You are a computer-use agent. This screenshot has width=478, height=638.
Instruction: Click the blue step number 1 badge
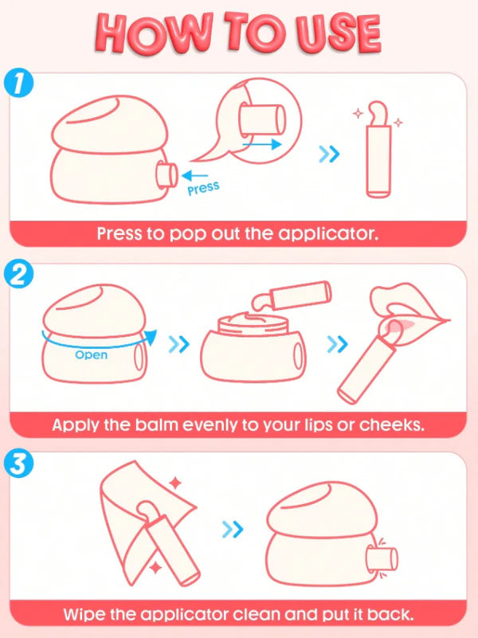[x=18, y=84]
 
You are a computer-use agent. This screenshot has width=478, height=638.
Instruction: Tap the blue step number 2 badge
[x=18, y=275]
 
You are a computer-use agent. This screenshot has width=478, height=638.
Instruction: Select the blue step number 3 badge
[x=18, y=464]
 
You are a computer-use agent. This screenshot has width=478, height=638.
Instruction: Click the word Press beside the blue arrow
[x=203, y=189]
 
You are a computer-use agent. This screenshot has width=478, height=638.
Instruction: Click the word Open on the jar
[x=92, y=354]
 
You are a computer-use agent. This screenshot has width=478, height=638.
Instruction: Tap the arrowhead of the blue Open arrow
[x=151, y=337]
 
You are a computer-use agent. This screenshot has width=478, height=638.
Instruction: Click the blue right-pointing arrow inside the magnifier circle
[x=262, y=144]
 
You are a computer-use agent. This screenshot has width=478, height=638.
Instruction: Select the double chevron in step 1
[x=329, y=154]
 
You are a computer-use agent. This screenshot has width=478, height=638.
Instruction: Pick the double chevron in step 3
[x=233, y=530]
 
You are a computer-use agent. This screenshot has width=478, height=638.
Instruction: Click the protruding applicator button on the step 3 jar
[x=382, y=559]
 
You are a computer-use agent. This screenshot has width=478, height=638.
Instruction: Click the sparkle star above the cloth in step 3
[x=175, y=483]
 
